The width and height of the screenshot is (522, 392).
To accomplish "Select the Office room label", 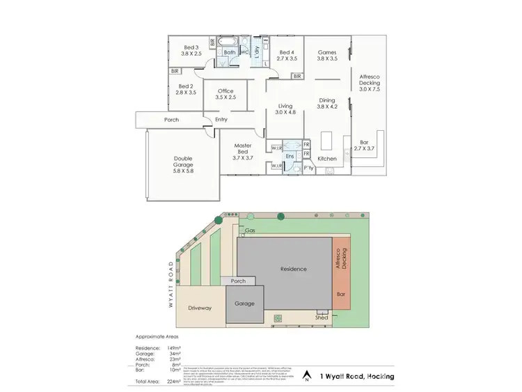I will tap(226, 95).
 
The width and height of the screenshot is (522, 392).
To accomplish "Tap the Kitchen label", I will tap(327, 159).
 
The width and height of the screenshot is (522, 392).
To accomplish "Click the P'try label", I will tap(309, 168).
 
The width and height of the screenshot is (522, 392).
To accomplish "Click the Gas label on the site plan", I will tap(250, 230).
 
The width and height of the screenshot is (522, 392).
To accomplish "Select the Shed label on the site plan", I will tap(322, 317).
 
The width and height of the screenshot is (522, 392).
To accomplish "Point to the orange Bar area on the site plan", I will tap(341, 294).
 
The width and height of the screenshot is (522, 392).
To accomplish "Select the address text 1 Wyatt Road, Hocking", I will tap(357, 377).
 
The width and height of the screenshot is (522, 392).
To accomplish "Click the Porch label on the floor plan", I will tap(171, 120).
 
